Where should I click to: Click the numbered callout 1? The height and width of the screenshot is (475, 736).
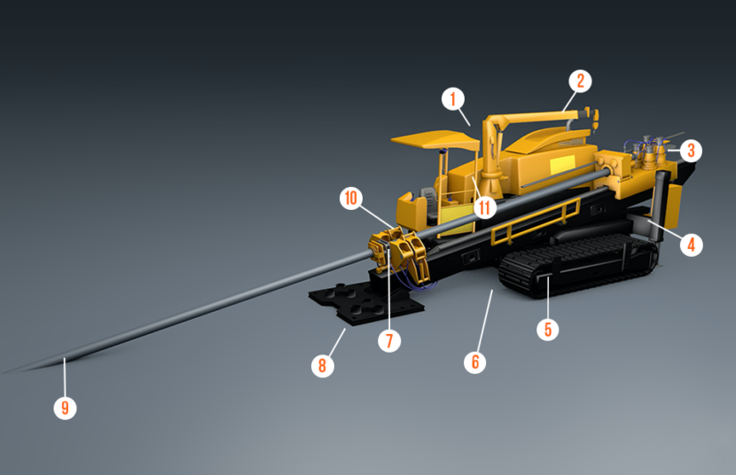452,97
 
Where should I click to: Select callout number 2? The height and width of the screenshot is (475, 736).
579,82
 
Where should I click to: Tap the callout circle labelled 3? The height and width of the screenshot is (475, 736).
692,150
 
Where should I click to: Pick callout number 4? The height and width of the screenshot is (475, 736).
691,243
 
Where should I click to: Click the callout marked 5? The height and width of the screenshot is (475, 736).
547,329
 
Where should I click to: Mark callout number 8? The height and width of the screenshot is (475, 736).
325,364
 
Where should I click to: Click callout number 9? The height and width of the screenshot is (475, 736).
65,408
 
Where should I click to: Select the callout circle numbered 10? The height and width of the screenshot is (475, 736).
350,198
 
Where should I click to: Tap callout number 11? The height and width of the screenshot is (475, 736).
483,208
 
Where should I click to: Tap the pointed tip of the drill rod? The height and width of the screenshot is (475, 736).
11,371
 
